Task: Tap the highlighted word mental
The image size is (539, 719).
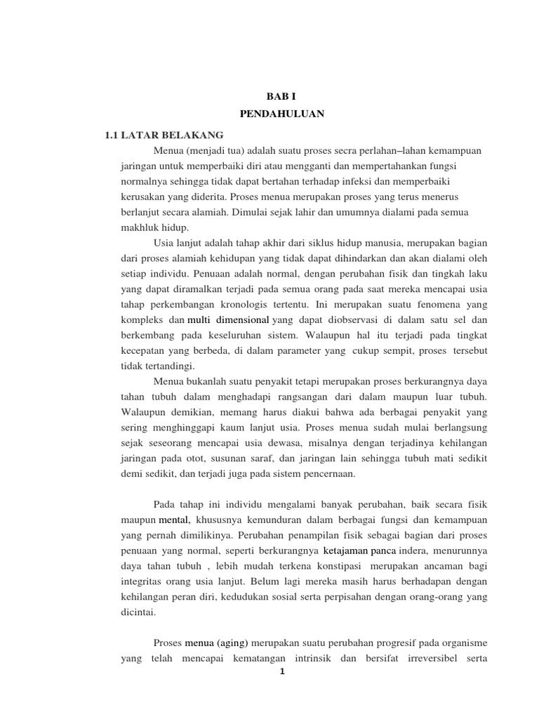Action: click(x=175, y=521)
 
